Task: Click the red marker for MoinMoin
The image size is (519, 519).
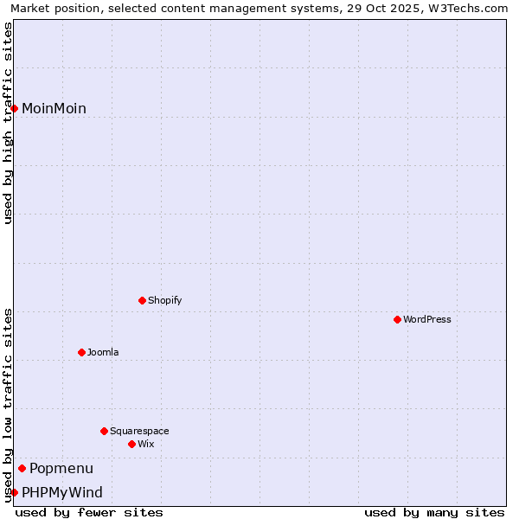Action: click(x=15, y=108)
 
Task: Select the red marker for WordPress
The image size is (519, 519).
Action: click(x=397, y=319)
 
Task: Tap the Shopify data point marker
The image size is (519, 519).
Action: click(x=142, y=300)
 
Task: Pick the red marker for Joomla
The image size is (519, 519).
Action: click(x=81, y=352)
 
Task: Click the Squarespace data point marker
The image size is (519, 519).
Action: click(x=104, y=431)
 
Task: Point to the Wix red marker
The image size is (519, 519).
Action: click(x=131, y=444)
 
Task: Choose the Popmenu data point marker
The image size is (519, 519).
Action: click(x=22, y=468)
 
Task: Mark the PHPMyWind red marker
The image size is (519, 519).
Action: click(x=15, y=492)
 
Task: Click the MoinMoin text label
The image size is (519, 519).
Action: click(x=54, y=108)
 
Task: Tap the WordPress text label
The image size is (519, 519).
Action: click(x=427, y=319)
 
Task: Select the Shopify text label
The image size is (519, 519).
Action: click(x=164, y=300)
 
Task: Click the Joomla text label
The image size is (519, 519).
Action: click(x=103, y=352)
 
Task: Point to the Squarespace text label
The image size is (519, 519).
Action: click(x=139, y=431)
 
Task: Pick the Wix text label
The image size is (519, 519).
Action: click(x=146, y=444)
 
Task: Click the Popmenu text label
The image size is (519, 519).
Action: click(x=61, y=468)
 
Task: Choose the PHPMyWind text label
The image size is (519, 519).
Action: click(x=62, y=492)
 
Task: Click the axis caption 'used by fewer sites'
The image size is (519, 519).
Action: click(x=89, y=512)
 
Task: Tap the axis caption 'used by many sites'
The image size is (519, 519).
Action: click(x=434, y=512)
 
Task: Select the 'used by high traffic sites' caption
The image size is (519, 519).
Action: click(x=8, y=123)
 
